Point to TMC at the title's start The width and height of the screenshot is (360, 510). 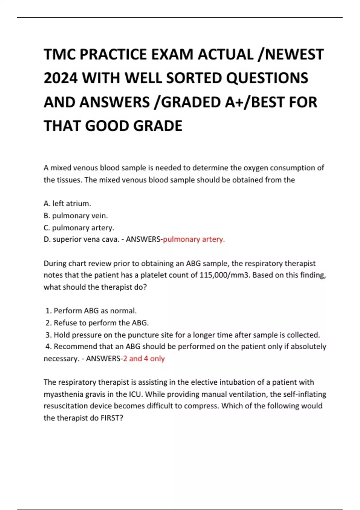click(x=59, y=54)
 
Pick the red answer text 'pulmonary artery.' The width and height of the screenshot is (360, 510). click(x=194, y=239)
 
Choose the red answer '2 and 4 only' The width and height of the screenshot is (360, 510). click(x=144, y=358)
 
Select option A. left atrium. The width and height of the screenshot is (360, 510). click(x=67, y=203)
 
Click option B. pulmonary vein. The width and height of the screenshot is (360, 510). click(x=76, y=215)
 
